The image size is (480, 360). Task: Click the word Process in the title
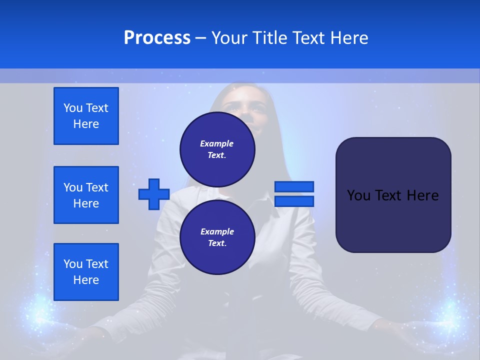tap(157, 38)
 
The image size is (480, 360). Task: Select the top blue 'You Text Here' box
tap(86, 116)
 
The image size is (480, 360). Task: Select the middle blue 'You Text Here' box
tap(86, 195)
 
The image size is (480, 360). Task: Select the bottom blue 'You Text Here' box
tap(86, 272)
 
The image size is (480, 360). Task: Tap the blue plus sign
tap(154, 194)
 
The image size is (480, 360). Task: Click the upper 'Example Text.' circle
tap(217, 149)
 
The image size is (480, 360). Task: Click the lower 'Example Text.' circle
tap(217, 237)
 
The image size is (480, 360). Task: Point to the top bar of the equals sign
tap(294, 186)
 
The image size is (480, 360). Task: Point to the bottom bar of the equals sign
tap(294, 201)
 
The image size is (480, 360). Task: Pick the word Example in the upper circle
tap(216, 143)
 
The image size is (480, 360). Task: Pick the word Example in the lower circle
tap(217, 231)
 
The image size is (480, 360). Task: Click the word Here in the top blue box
tap(86, 124)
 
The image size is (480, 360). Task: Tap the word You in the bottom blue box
tap(72, 264)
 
